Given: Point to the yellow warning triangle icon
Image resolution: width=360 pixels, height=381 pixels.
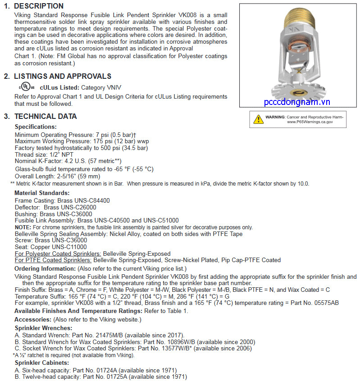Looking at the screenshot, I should [258, 119].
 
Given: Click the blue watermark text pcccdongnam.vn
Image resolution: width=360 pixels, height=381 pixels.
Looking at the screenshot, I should [297, 102].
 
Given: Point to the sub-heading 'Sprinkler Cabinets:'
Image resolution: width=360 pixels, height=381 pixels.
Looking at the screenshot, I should [42, 363].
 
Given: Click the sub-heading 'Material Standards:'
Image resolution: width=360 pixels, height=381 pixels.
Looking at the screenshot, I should [42, 193].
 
